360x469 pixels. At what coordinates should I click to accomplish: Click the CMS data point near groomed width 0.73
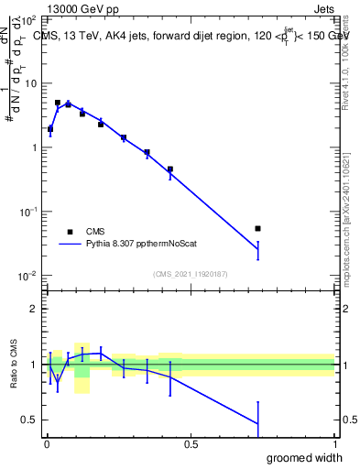(257, 228)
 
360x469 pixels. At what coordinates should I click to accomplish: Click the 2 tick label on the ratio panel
(35, 309)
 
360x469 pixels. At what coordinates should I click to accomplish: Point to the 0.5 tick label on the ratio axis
(30, 420)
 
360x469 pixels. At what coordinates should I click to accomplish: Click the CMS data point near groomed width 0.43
(170, 169)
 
